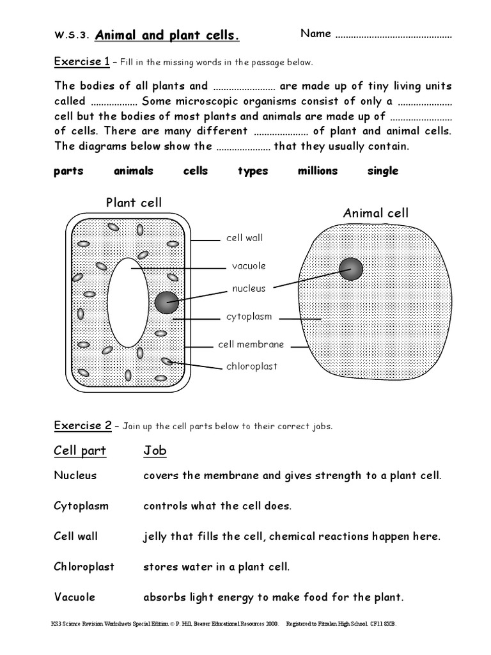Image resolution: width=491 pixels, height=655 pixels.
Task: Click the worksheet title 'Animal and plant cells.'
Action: pos(167,35)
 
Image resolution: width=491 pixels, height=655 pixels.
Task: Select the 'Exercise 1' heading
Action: pos(81,62)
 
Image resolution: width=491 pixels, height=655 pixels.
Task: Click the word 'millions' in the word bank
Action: pos(317,171)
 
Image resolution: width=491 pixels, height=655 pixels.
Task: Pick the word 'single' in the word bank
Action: pos(382,171)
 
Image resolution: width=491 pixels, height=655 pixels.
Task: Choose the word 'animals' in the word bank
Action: pos(134,171)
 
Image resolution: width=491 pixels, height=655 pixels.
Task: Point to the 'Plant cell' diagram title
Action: pos(134,203)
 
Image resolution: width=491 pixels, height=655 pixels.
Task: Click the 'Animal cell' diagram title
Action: pos(375,213)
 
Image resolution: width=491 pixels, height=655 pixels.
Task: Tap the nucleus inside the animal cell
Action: pos(351,269)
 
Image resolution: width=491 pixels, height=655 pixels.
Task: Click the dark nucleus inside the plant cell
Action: pos(167,303)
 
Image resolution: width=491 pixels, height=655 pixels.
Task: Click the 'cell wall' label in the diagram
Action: pos(244,238)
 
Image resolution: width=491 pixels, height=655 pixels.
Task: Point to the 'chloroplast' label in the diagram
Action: pos(252,367)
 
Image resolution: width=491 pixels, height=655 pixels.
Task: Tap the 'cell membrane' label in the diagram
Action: pos(251,344)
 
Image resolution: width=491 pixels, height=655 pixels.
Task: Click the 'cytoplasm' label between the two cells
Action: pos(249,317)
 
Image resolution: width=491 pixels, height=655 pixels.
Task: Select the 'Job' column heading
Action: pos(155,450)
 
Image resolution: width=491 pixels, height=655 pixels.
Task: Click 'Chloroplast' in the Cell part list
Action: pos(84,567)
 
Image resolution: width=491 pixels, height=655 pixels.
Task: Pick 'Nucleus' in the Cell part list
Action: pos(75,475)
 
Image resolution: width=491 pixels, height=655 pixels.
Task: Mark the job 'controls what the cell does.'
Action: pos(217,506)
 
